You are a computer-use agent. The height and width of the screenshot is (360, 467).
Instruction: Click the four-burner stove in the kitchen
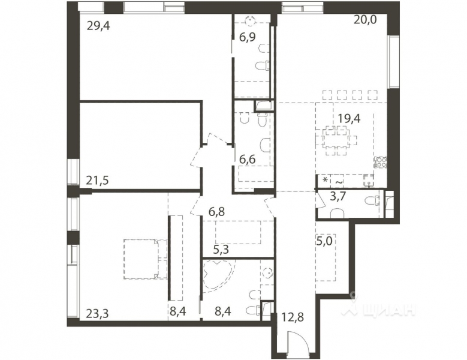[381, 163]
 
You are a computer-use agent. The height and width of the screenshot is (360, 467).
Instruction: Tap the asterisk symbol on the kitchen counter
[325, 180]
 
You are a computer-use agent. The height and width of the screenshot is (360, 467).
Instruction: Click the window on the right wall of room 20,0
[394, 62]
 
